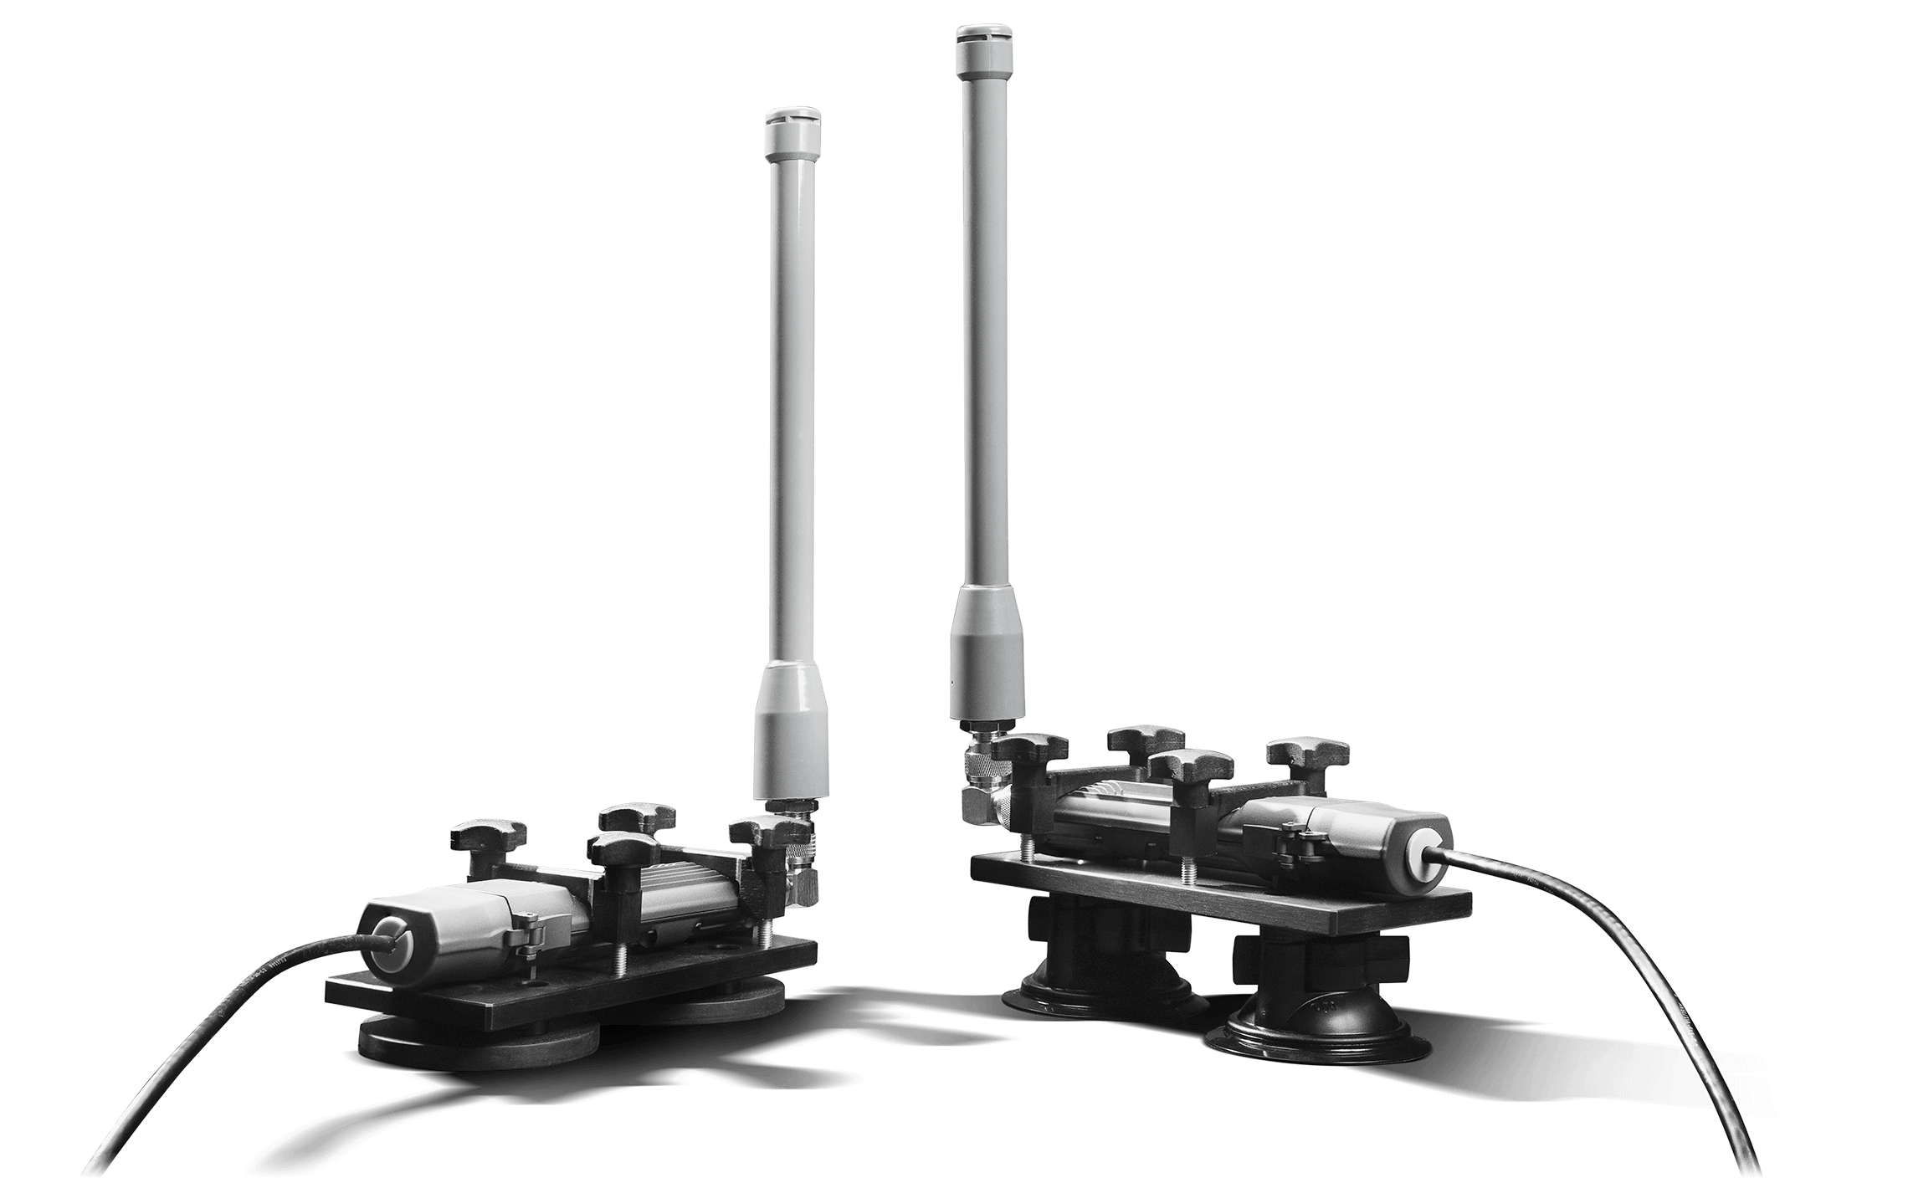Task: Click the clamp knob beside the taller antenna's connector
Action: pos(1034,747)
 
